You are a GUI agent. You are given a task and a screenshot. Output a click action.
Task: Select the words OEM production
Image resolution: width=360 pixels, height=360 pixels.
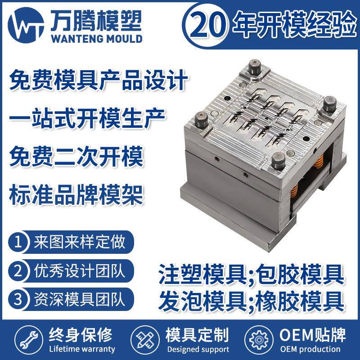click(x=310, y=349)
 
